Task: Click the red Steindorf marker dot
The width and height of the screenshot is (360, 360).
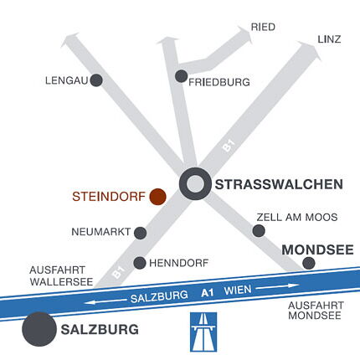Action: tap(157, 198)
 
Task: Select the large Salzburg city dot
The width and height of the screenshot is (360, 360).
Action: tap(39, 329)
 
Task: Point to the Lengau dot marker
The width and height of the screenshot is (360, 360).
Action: tap(96, 80)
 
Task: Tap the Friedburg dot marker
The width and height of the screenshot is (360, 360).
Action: tap(181, 76)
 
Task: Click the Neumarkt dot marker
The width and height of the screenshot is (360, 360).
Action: tap(141, 233)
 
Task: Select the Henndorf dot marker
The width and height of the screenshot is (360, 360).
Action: tap(140, 262)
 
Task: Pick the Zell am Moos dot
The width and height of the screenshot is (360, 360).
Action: tap(259, 230)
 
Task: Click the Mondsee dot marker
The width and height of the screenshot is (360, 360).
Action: tap(309, 263)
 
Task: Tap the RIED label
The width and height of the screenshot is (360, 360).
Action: tap(263, 28)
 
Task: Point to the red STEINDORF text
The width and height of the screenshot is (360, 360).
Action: tap(108, 198)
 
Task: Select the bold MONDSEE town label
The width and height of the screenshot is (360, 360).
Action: tap(317, 249)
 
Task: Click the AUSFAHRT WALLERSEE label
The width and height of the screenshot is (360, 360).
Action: tap(61, 276)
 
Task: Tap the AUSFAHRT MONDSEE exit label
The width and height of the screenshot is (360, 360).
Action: tap(312, 311)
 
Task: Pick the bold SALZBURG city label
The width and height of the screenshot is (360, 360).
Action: tap(100, 330)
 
